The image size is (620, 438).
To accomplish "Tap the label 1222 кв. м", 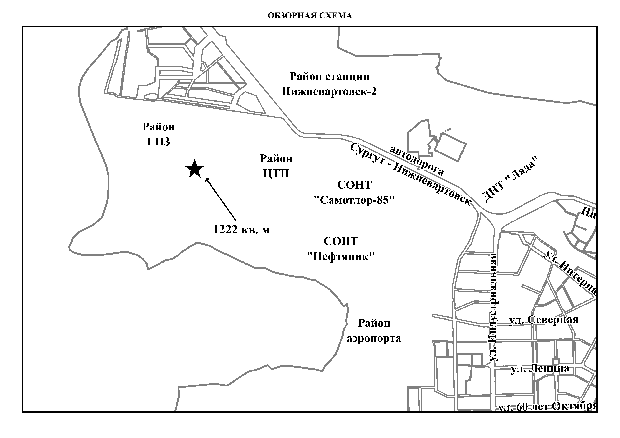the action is [x=241, y=230].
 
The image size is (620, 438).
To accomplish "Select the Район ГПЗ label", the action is [x=159, y=134].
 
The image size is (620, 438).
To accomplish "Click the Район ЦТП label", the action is [x=276, y=166].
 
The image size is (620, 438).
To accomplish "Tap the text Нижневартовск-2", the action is [x=329, y=92].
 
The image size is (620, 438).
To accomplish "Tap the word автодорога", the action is [x=417, y=160].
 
